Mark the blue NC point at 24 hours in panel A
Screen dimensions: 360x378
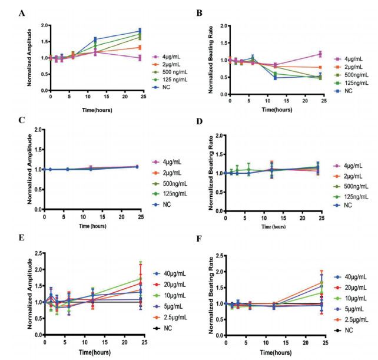click(140, 31)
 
